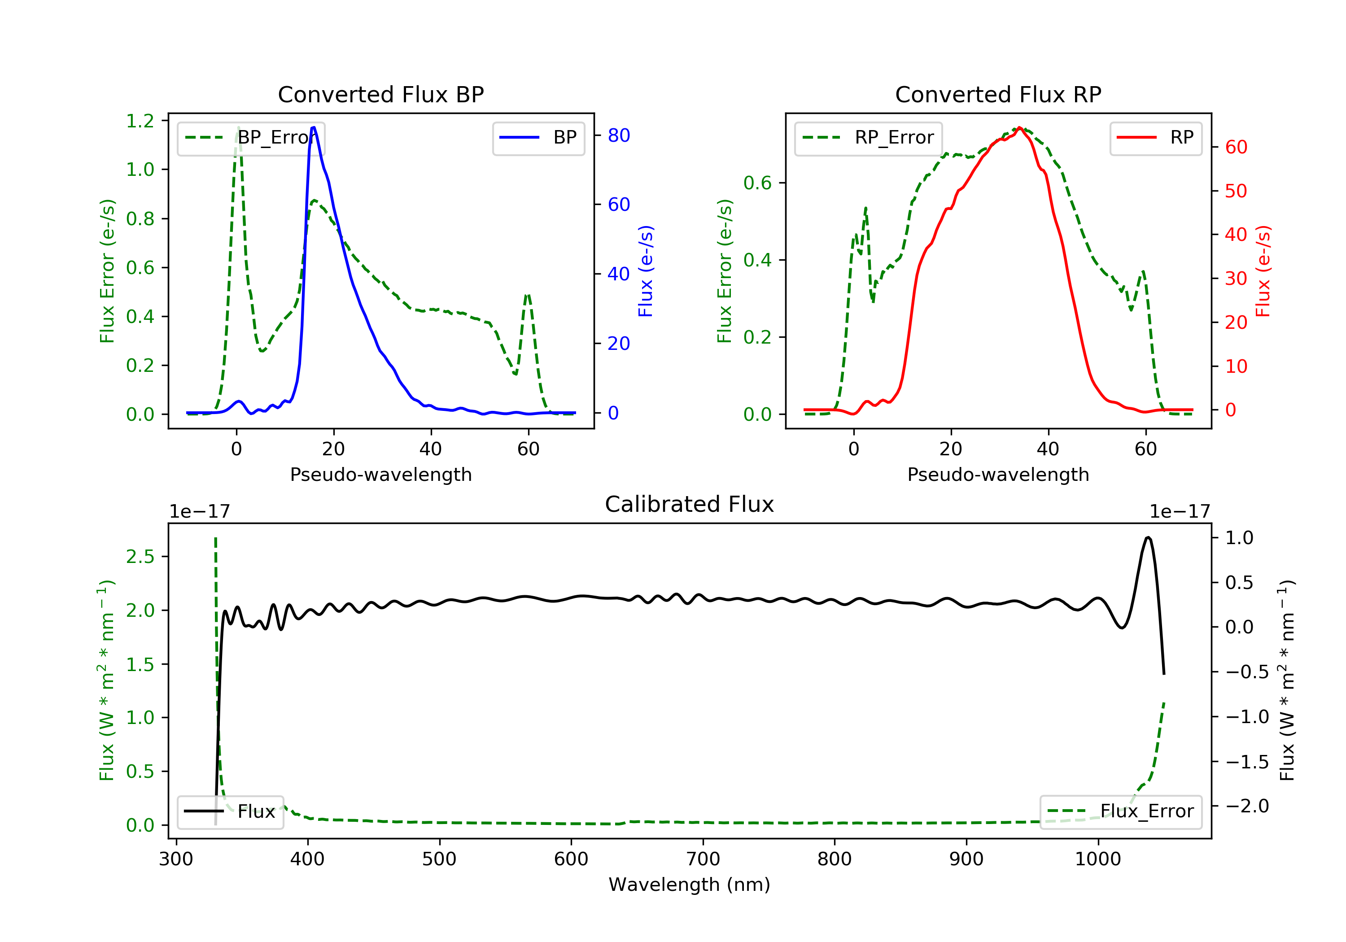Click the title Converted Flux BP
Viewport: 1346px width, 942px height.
click(x=380, y=94)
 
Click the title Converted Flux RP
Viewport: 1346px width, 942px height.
click(x=998, y=94)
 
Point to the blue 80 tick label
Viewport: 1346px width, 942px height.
click(x=618, y=135)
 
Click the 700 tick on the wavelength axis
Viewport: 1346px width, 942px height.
click(x=703, y=859)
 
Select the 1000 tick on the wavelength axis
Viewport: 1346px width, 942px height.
click(x=1097, y=859)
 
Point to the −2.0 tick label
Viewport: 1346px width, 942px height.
click(x=1246, y=806)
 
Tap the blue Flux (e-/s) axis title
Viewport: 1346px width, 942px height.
click(x=646, y=271)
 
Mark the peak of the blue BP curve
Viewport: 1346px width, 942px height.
click(x=314, y=127)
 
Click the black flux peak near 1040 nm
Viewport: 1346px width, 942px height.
click(x=1148, y=537)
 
